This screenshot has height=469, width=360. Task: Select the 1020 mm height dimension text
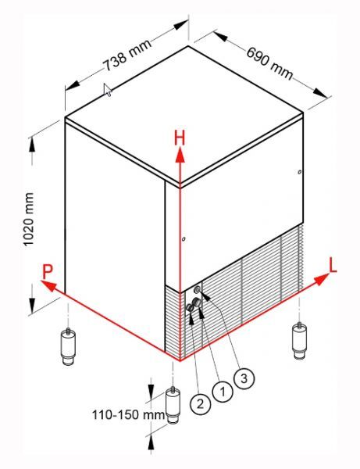pos(29,219)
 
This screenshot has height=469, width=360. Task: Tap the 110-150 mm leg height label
pos(128,415)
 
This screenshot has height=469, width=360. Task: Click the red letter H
pos(180,139)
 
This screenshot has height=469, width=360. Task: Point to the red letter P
pos(47,271)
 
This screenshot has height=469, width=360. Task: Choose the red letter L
pos(333,266)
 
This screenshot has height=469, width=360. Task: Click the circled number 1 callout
pos(223,391)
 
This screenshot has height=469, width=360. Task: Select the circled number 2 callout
pos(200,404)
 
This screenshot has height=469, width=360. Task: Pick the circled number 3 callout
pos(244,378)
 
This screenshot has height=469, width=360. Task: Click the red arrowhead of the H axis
pos(180,156)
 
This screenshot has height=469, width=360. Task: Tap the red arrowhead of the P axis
pos(48,285)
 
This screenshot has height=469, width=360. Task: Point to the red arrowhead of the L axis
pos(321,281)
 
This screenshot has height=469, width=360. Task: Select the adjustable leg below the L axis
pos(299,340)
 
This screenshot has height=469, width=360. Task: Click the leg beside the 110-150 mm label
pos(173,405)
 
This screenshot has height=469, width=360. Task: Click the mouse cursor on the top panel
pos(108,90)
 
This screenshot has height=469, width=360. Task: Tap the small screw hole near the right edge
pos(299,172)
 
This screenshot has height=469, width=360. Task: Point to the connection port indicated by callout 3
pos(197,289)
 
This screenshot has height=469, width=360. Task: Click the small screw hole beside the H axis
pos(184,239)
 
